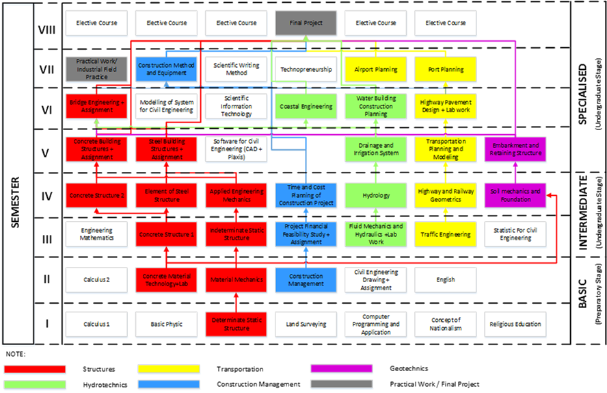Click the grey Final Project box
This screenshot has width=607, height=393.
(x=306, y=23)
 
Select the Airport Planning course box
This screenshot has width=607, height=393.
(x=376, y=69)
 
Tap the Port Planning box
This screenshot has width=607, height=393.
(x=446, y=69)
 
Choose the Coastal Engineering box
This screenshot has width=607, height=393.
(x=306, y=107)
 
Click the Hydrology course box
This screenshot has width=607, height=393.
(x=376, y=196)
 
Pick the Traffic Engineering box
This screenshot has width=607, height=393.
(x=446, y=235)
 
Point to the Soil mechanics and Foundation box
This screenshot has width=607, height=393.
(x=515, y=196)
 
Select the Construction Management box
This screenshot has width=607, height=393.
(x=306, y=280)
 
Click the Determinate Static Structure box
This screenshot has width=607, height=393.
(x=236, y=325)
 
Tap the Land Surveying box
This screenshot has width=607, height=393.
(x=306, y=325)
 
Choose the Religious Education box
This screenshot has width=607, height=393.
(x=515, y=325)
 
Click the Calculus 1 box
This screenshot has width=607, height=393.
(x=96, y=325)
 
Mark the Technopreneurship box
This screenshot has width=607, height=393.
(x=306, y=69)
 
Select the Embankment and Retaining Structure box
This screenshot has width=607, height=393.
(x=515, y=150)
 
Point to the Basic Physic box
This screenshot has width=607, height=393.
(x=166, y=325)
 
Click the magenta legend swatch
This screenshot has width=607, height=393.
(x=341, y=369)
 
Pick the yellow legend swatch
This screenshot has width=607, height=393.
(x=168, y=369)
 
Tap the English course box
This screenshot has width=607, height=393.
(x=446, y=280)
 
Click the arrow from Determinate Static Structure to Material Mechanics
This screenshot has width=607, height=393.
(x=236, y=302)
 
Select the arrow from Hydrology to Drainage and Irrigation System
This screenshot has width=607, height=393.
(x=376, y=173)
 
